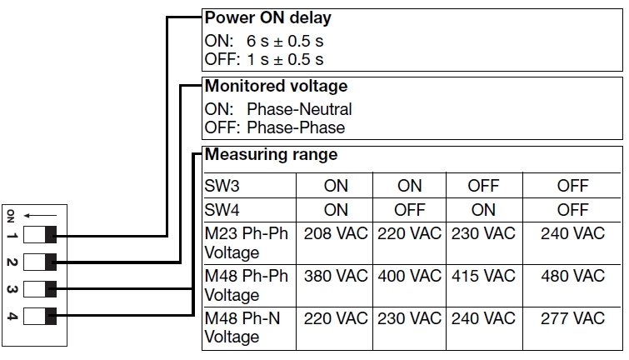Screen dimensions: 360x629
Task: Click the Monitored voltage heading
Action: pyautogui.click(x=276, y=86)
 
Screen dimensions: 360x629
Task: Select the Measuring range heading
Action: pyautogui.click(x=272, y=154)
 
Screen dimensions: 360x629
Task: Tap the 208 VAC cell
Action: pyautogui.click(x=336, y=232)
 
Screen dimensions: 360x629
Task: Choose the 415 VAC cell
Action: pyautogui.click(x=483, y=276)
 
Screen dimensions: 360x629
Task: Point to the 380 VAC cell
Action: pyautogui.click(x=336, y=276)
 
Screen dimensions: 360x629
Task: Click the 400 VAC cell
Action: pyautogui.click(x=409, y=276)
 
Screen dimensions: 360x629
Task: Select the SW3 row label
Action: pyautogui.click(x=222, y=185)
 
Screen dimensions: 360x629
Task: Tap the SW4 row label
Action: pyautogui.click(x=222, y=207)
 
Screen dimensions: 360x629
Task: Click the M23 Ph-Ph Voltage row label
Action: pyautogui.click(x=246, y=242)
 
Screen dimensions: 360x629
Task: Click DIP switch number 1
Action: pyautogui.click(x=40, y=233)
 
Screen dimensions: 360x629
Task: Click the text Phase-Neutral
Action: pyautogui.click(x=299, y=109)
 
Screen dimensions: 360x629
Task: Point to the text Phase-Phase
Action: pyautogui.click(x=296, y=127)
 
